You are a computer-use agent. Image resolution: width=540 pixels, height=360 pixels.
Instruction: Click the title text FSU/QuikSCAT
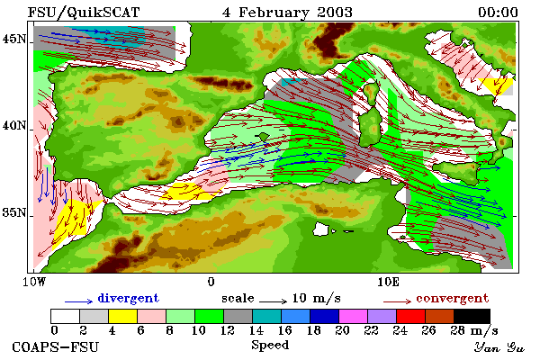tap(84, 13)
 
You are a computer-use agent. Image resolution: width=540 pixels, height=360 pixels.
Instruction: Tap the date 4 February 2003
tap(287, 13)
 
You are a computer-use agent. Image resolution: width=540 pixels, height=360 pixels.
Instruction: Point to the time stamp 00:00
tap(498, 13)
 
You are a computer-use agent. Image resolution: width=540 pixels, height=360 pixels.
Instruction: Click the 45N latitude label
tap(14, 40)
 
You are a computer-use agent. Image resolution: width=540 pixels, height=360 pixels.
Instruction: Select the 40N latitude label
tap(14, 125)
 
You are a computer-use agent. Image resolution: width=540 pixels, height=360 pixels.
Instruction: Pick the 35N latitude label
tap(14, 212)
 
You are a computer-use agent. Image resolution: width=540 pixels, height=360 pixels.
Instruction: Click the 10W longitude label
tap(34, 282)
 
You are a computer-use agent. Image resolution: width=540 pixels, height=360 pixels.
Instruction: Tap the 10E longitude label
tap(388, 282)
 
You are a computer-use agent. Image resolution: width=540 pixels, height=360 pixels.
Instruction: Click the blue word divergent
tap(128, 298)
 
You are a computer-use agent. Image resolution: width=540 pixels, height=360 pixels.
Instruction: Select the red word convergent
tap(452, 298)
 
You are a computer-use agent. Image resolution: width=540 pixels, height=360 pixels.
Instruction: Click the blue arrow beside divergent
tap(78, 301)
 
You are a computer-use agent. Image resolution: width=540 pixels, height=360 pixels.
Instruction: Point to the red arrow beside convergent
tap(397, 301)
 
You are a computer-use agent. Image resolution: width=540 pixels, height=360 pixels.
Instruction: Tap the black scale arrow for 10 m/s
tap(273, 301)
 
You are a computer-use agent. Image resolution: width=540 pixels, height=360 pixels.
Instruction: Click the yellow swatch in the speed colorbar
tap(123, 316)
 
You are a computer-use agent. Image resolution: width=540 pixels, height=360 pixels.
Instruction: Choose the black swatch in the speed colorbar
tap(472, 316)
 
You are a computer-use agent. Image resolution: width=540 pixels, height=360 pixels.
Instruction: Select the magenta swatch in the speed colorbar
tap(354, 316)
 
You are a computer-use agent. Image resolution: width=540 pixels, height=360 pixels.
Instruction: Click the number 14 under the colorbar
tap(256, 330)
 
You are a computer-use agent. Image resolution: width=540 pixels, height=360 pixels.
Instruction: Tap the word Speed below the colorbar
tap(270, 345)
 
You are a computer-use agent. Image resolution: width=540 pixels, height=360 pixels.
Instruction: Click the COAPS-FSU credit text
tap(56, 346)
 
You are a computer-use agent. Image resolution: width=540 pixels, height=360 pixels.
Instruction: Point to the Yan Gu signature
tap(499, 347)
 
